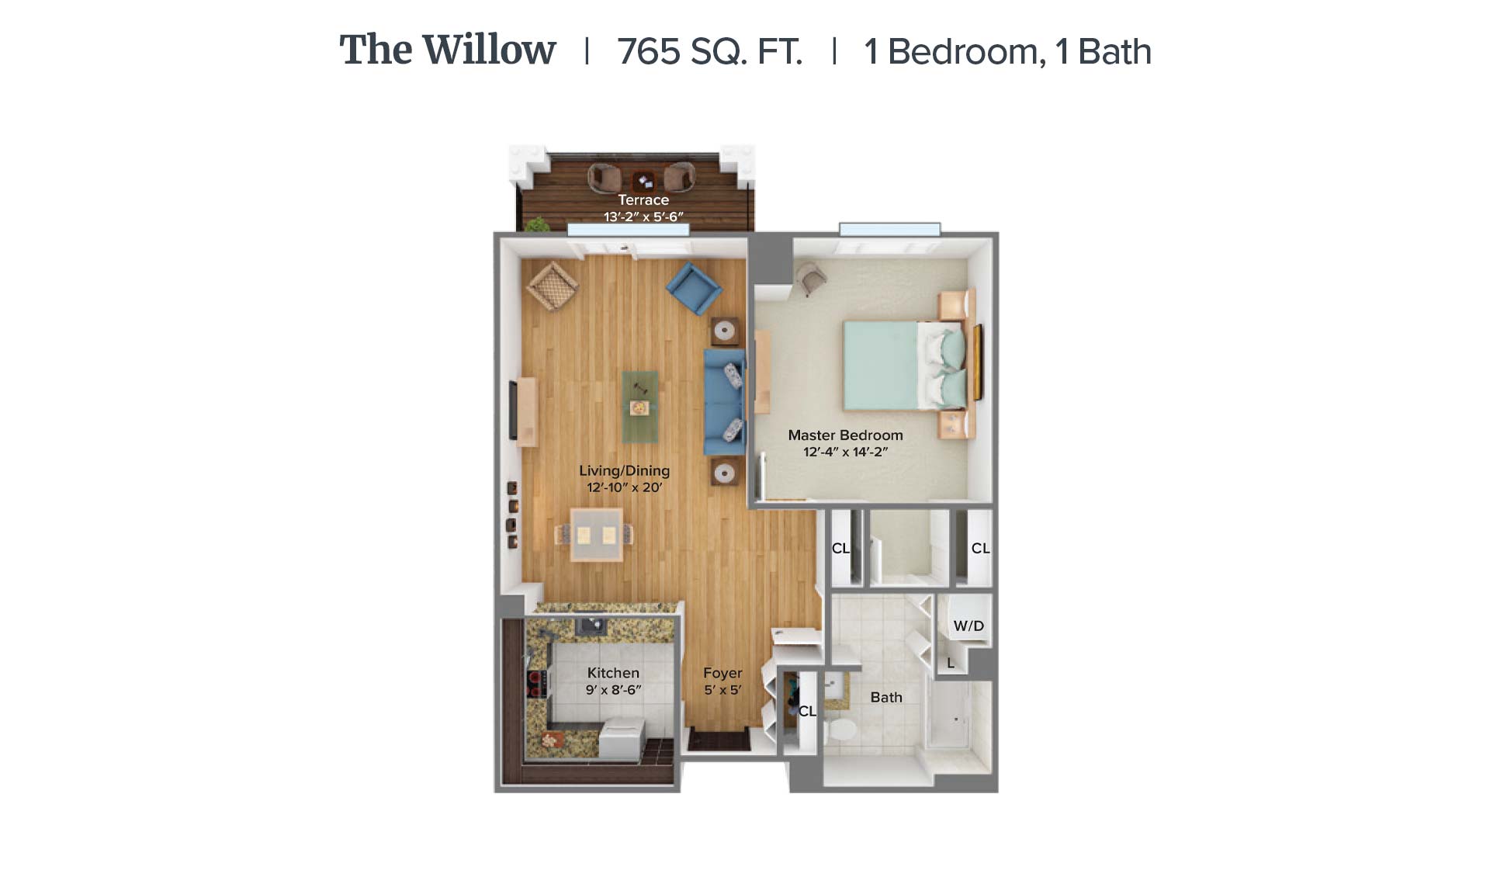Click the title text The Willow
pyautogui.click(x=448, y=50)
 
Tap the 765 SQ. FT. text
pyautogui.click(x=709, y=52)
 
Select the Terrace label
pyautogui.click(x=643, y=199)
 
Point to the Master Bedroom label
pyautogui.click(x=845, y=435)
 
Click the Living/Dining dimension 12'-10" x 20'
pyautogui.click(x=625, y=487)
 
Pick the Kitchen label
pyautogui.click(x=613, y=673)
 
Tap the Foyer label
pyautogui.click(x=722, y=673)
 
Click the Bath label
pyautogui.click(x=886, y=697)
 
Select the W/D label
pyautogui.click(x=968, y=626)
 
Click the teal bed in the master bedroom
pyautogui.click(x=905, y=366)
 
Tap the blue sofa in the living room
pyautogui.click(x=724, y=402)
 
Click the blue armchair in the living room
pyautogui.click(x=694, y=288)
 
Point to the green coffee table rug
pyautogui.click(x=639, y=405)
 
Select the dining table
pyautogui.click(x=596, y=534)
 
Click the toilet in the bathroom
pyautogui.click(x=840, y=729)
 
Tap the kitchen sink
pyautogui.click(x=591, y=625)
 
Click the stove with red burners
pyautogui.click(x=535, y=684)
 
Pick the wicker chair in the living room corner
pyautogui.click(x=552, y=286)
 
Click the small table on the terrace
pyautogui.click(x=643, y=182)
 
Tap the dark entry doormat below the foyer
pyautogui.click(x=719, y=740)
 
